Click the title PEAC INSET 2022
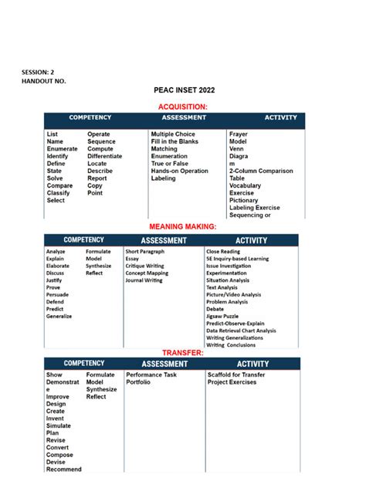pos(183,90)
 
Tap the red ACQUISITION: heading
pos(182,107)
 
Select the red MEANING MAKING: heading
pos(182,227)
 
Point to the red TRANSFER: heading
pos(182,352)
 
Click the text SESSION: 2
pos(38,72)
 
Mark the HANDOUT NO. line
pos(42,80)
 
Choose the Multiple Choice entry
pos(173,134)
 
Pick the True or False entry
pos(169,164)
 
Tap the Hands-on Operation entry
pos(179,171)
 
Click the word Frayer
pos(239,134)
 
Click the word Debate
pos(215,309)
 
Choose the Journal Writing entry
pos(144,280)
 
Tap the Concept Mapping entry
pos(147,273)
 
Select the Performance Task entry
pos(151,374)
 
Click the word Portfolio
pos(139,382)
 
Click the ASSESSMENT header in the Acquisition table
pos(184,118)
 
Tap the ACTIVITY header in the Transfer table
pos(252,363)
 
